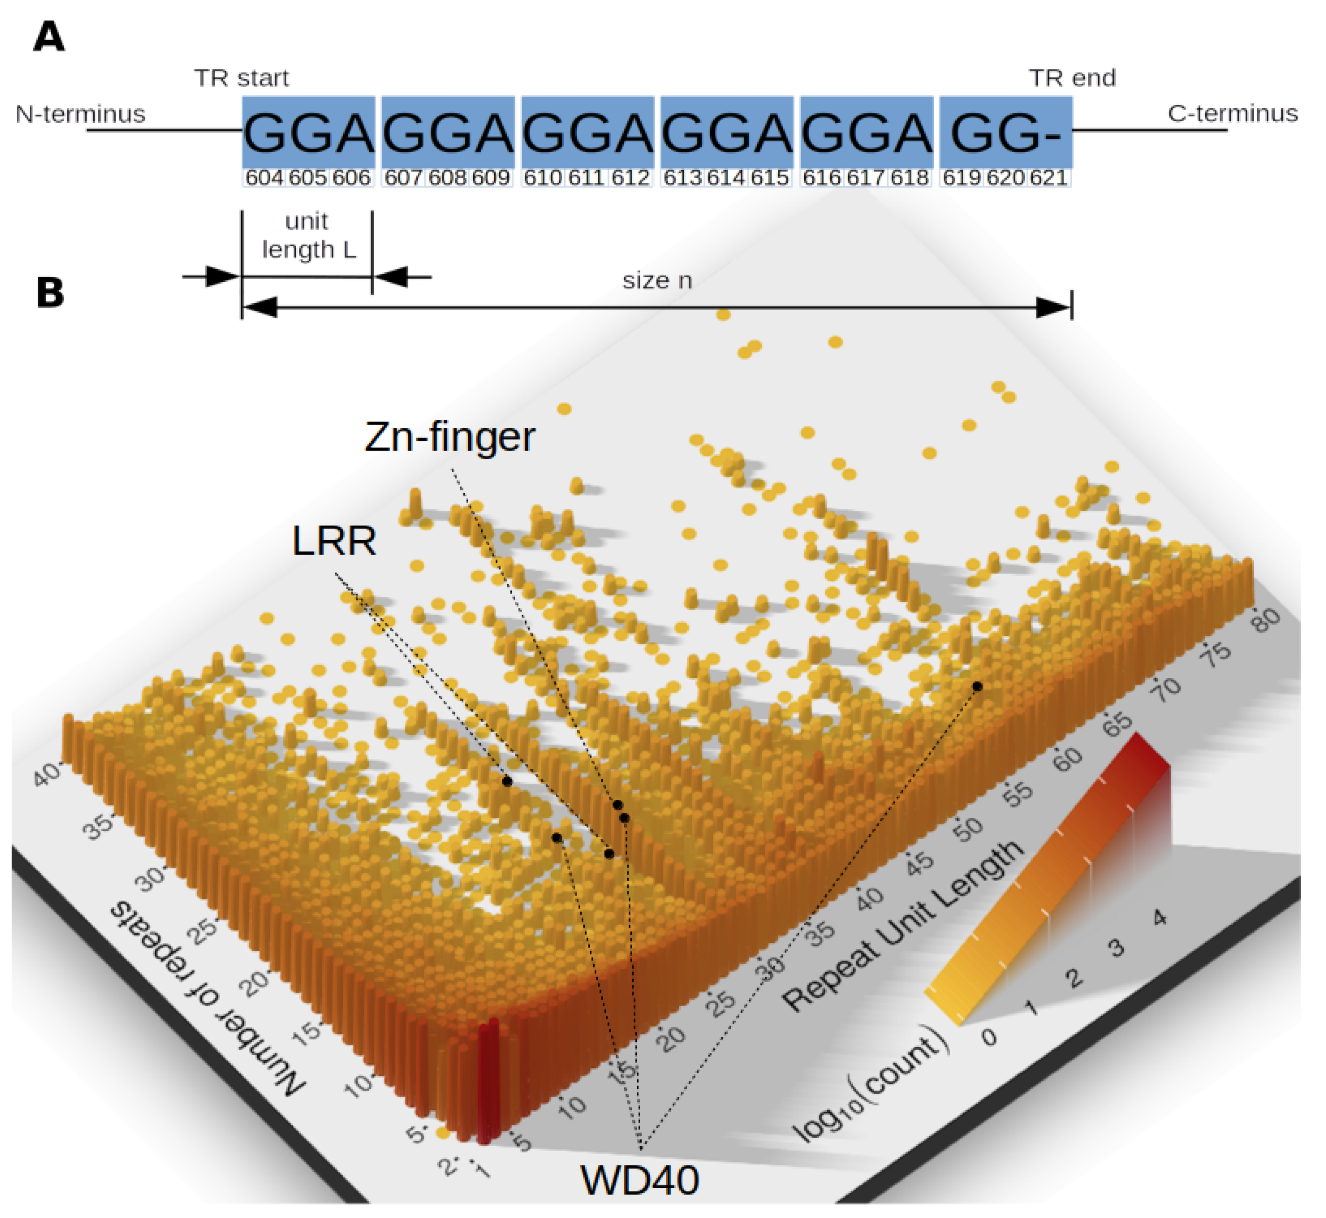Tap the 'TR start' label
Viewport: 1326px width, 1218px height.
241,78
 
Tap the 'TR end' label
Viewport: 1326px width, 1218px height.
1072,78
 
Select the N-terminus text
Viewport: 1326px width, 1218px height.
80,114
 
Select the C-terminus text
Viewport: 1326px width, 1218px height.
1232,113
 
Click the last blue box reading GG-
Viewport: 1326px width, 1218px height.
1005,132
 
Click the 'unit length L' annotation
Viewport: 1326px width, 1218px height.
308,235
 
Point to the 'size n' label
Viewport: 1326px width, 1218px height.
657,281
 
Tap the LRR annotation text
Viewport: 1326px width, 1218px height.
334,541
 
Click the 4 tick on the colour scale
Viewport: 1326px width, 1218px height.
1160,918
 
